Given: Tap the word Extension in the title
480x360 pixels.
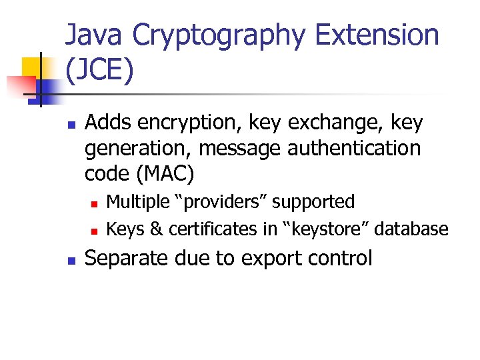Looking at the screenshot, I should click(377, 35).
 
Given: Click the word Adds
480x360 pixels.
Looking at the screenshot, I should click(107, 123).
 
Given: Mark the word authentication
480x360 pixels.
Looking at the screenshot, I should click(354, 148).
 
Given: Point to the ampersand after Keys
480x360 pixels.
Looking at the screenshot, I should click(156, 229).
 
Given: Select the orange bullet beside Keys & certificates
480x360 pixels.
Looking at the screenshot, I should click(95, 231).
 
